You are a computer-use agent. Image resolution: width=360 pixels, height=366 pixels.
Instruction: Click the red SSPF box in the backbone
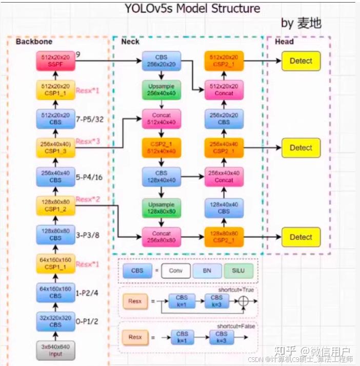pos(55,62)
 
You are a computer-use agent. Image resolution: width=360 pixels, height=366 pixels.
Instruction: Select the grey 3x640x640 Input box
pos(55,350)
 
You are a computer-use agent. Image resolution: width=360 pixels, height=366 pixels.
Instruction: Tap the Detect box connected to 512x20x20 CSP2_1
pos(301,61)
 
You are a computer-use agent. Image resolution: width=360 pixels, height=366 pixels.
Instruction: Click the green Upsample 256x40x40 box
pos(162,90)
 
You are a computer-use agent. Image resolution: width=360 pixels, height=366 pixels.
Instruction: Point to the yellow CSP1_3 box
pos(55,148)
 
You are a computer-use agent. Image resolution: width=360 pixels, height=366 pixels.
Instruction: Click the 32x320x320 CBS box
pos(55,321)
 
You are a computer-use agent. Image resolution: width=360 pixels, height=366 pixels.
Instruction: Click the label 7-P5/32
pos(90,119)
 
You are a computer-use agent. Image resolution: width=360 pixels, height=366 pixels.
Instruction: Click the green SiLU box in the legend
pos(238,271)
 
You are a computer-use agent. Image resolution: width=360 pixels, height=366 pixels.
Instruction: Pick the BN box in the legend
pos(206,271)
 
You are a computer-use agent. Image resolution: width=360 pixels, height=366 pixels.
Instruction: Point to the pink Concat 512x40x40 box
pos(162,119)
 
